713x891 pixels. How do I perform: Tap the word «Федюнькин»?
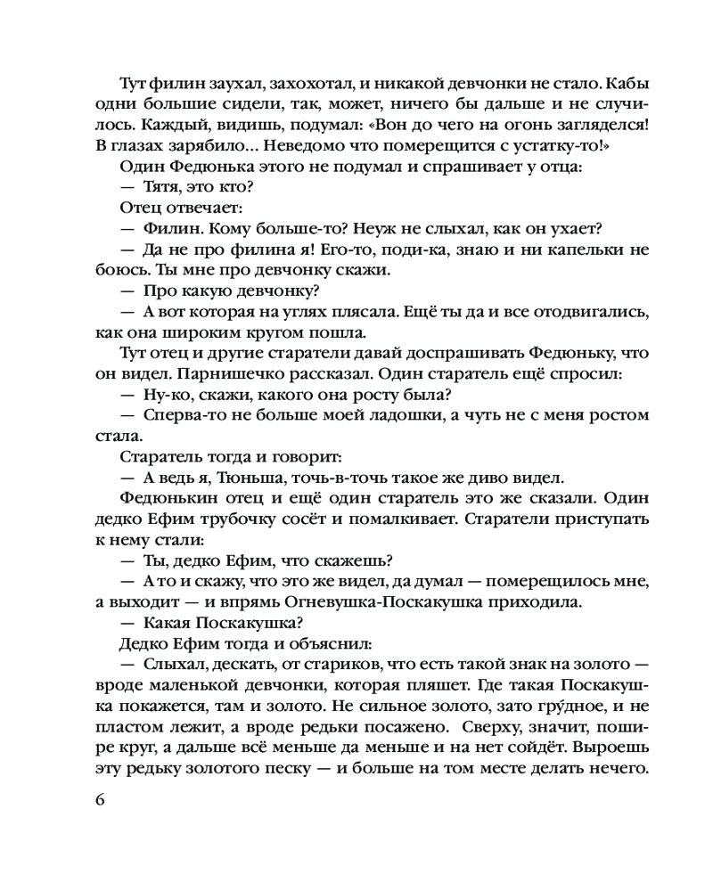point(166,498)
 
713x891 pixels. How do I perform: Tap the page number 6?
point(98,799)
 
